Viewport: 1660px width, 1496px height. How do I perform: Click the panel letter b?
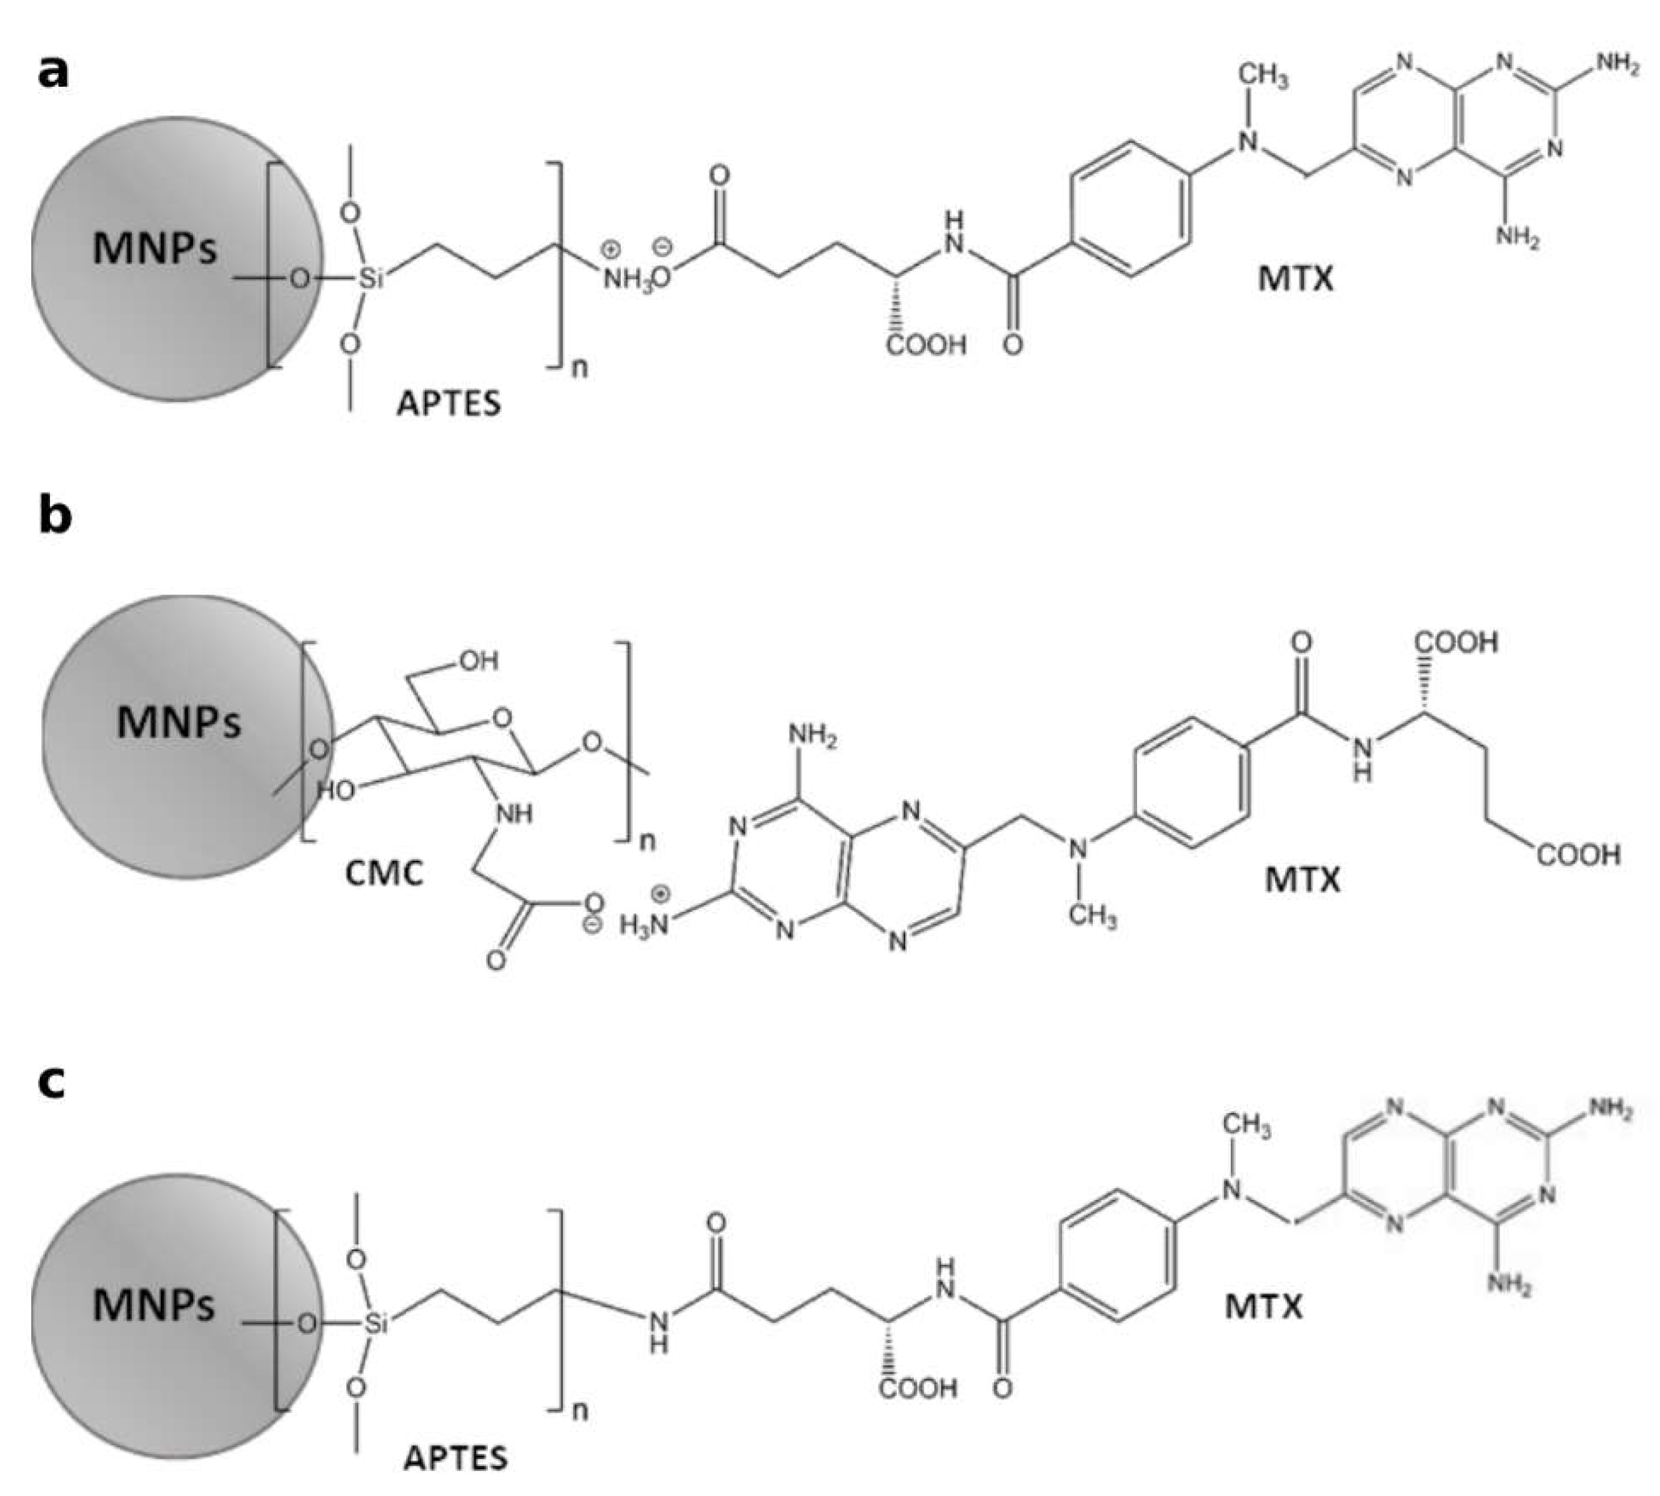pos(54,515)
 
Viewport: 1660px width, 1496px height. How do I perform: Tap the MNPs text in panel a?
pos(154,247)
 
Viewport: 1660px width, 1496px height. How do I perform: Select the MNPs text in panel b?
pos(179,721)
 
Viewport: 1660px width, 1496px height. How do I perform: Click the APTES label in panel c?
pos(455,1458)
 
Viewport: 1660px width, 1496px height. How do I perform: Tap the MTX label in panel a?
pos(1296,279)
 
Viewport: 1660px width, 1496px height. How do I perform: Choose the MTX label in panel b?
pos(1303,879)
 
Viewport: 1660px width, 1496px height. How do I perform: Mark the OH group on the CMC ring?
pos(478,661)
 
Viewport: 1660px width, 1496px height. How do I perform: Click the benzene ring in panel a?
pos(1130,210)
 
